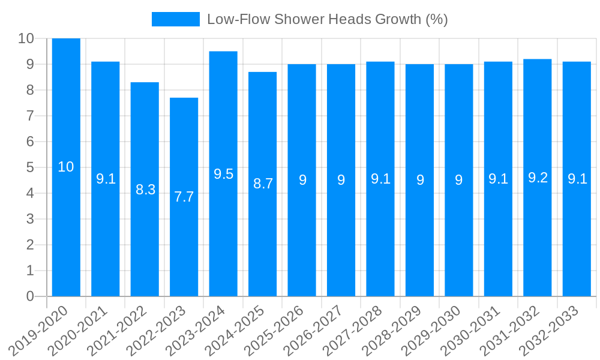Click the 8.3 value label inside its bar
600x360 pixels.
[x=145, y=190]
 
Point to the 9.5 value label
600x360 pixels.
[x=223, y=174]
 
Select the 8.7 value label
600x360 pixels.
[x=263, y=184]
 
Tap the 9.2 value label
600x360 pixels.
[x=538, y=178]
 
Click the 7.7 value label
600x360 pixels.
[x=184, y=197]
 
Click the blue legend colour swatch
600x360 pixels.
[x=175, y=19]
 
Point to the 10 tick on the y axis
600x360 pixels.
[x=26, y=38]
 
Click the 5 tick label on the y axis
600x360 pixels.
[x=30, y=167]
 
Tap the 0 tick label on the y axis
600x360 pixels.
[x=30, y=296]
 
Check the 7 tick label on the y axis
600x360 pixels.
[x=30, y=116]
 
